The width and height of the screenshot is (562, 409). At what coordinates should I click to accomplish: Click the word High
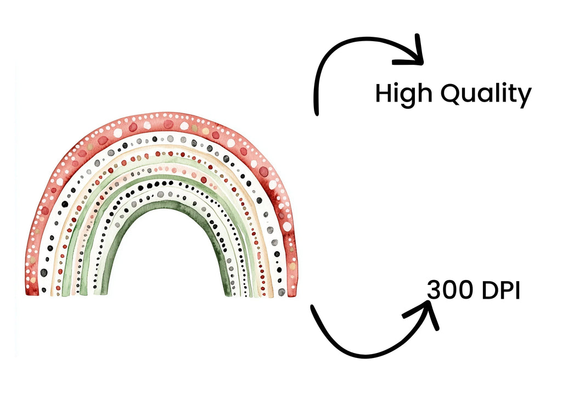(x=403, y=94)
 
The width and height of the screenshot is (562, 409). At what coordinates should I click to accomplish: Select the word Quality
(x=486, y=94)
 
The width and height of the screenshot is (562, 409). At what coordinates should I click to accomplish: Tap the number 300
(x=450, y=290)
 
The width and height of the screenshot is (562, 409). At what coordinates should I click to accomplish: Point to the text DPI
(x=501, y=290)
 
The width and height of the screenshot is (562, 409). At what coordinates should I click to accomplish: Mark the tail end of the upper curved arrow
(x=317, y=114)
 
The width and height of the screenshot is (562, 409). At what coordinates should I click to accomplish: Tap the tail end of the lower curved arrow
(x=312, y=307)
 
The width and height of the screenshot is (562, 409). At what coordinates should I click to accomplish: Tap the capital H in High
(x=383, y=93)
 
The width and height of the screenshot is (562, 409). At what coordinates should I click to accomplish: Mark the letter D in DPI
(x=490, y=290)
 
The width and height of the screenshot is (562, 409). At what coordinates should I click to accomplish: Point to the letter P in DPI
(x=508, y=290)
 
